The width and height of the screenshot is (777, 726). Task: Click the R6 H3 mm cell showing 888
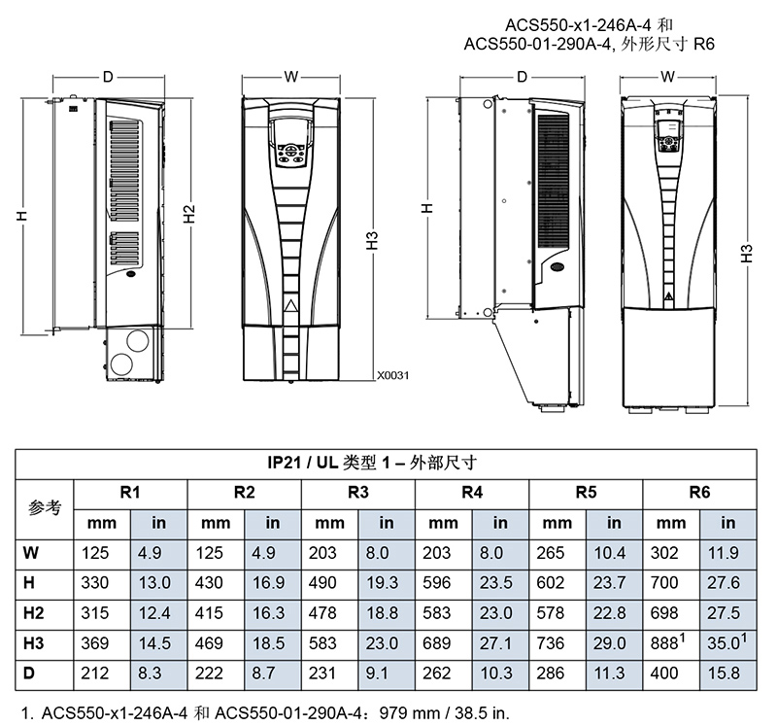[x=667, y=642]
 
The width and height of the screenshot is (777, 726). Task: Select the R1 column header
[x=130, y=493]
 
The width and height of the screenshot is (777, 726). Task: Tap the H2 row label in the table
[x=33, y=613]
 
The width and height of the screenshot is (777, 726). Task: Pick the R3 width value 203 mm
[x=322, y=553]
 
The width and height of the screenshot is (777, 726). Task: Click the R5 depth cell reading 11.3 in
[x=609, y=673]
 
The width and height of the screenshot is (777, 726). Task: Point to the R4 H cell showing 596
[x=436, y=583]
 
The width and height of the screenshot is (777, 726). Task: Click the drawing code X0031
[x=393, y=375]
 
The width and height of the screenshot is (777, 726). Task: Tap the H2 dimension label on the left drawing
[x=189, y=214]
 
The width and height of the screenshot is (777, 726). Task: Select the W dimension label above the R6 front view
[x=667, y=77]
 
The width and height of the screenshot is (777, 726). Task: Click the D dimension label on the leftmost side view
[x=108, y=77]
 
